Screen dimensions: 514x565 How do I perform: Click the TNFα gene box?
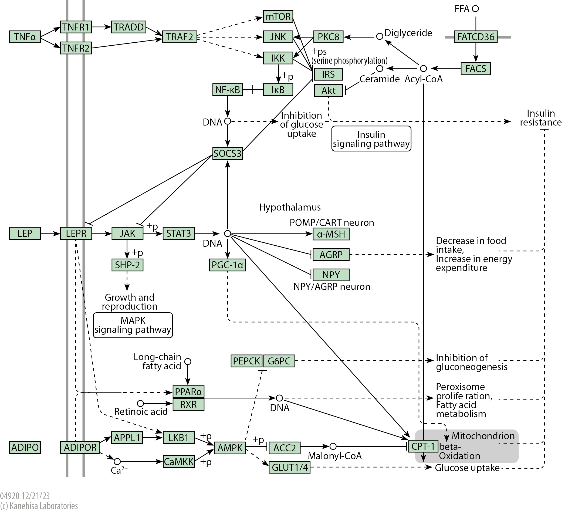pyautogui.click(x=25, y=37)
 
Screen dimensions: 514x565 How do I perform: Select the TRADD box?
pyautogui.click(x=129, y=27)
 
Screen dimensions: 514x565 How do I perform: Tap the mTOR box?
pyautogui.click(x=278, y=16)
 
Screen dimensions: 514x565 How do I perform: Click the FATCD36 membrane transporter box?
pyautogui.click(x=475, y=37)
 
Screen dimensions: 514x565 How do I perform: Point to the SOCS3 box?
pyautogui.click(x=227, y=153)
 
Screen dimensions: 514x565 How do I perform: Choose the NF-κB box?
pyautogui.click(x=227, y=90)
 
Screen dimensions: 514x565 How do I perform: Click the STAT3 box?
pyautogui.click(x=178, y=233)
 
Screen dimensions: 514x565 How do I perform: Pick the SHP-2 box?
pyautogui.click(x=127, y=265)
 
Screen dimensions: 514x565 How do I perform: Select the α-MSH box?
pyautogui.click(x=331, y=234)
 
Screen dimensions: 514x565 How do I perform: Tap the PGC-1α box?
pyautogui.click(x=227, y=265)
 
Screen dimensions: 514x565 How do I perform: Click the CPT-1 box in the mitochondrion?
pyautogui.click(x=423, y=446)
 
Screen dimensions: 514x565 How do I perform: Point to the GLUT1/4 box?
pyautogui.click(x=289, y=467)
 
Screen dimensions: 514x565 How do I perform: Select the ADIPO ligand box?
pyautogui.click(x=25, y=447)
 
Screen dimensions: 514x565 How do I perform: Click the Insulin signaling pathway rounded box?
pyautogui.click(x=371, y=139)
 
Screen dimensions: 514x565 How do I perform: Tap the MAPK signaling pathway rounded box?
pyautogui.click(x=133, y=325)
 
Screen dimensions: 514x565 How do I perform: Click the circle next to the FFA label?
pyautogui.click(x=475, y=9)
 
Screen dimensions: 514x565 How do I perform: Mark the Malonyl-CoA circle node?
pyautogui.click(x=333, y=446)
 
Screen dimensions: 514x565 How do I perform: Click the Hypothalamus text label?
pyautogui.click(x=290, y=207)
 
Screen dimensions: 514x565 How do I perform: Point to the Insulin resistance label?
pyautogui.click(x=541, y=118)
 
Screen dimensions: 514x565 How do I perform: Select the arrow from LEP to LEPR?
pyautogui.click(x=50, y=233)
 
